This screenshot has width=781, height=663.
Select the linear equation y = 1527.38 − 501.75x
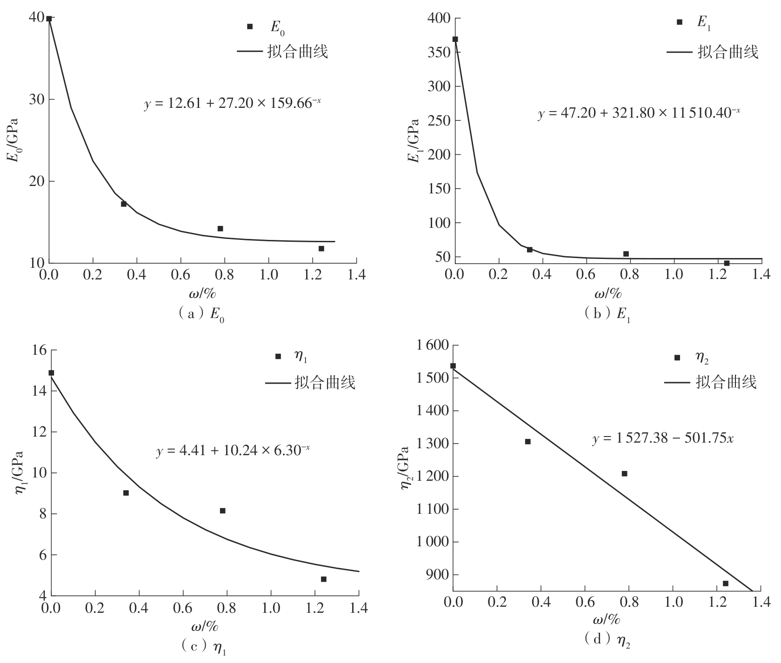click(x=663, y=438)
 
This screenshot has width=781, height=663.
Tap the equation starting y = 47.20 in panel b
click(x=639, y=113)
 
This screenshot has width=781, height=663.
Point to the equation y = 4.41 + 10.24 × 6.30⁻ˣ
click(x=233, y=451)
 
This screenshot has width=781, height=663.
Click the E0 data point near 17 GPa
click(x=124, y=204)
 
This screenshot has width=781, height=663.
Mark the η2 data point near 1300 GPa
click(x=528, y=441)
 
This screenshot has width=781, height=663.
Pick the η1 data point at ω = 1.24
click(x=323, y=579)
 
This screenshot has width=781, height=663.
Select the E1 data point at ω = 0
click(x=455, y=39)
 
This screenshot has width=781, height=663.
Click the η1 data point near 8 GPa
click(x=222, y=511)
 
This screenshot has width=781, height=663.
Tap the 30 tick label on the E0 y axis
click(x=35, y=99)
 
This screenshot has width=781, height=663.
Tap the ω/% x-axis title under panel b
click(x=608, y=293)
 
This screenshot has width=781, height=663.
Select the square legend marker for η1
click(x=278, y=357)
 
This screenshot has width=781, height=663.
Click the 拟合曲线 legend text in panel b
click(x=728, y=52)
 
